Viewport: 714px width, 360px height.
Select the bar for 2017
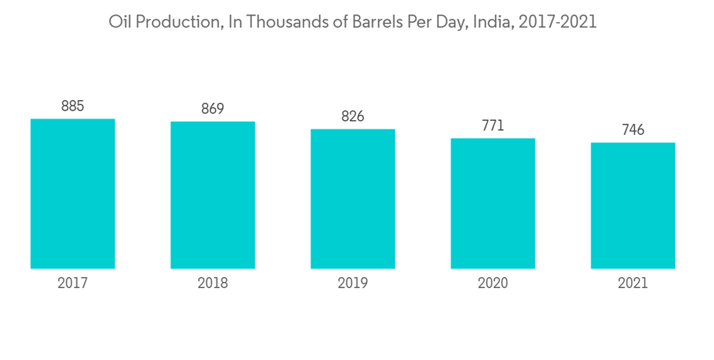(x=73, y=194)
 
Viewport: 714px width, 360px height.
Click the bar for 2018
(x=213, y=195)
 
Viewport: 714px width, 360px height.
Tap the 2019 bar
(x=353, y=199)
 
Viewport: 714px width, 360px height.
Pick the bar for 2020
(x=493, y=204)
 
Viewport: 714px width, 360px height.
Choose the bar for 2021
(x=633, y=206)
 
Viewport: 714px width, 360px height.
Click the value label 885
(x=73, y=106)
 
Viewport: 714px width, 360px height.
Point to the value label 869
(x=213, y=109)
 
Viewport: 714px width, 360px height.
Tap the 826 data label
(x=353, y=116)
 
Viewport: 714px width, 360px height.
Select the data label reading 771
(x=493, y=126)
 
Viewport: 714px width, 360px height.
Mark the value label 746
(x=633, y=130)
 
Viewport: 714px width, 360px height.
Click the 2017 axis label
(x=73, y=284)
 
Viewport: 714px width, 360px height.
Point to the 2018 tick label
(x=213, y=284)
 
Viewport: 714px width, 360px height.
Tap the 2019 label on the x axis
(x=353, y=284)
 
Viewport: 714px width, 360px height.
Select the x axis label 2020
(x=493, y=284)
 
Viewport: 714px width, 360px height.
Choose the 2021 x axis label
(x=633, y=284)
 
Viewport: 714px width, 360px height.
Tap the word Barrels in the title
(x=376, y=22)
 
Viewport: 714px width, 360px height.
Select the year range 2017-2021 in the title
(x=558, y=22)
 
